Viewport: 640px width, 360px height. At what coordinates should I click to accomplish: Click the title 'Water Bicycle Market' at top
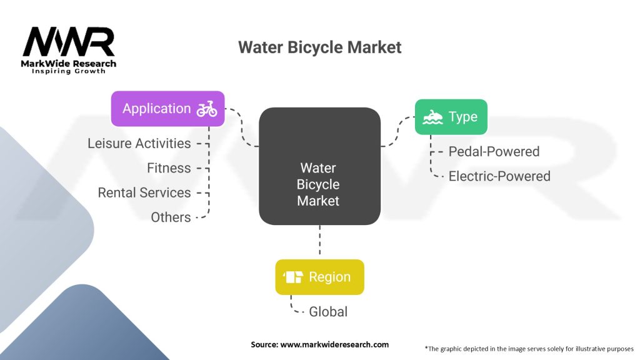coord(319,47)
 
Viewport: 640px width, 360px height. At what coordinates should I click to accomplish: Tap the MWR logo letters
coord(69,42)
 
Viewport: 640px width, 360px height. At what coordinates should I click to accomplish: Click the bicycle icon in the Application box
coord(207,109)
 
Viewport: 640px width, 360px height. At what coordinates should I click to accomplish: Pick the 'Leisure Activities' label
coord(139,143)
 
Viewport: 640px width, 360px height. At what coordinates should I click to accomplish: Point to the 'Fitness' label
coord(169,167)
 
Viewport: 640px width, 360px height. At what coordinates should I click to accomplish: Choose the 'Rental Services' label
coord(144,192)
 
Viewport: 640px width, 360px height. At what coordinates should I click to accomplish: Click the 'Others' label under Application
coord(171,217)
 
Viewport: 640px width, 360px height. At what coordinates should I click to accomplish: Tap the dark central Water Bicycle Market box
coord(319,166)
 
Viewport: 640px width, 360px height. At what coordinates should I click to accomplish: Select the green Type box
coord(451,117)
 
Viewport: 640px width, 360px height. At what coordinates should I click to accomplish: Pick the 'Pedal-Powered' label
coord(494,151)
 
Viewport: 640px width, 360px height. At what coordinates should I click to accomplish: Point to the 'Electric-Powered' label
coord(499,176)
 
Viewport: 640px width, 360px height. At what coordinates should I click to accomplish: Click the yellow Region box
coord(319,277)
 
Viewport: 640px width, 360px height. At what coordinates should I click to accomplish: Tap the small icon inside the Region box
coord(293,277)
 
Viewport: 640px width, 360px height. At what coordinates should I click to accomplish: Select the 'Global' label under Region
coord(328,311)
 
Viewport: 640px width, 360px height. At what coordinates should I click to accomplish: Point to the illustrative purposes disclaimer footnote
coord(529,348)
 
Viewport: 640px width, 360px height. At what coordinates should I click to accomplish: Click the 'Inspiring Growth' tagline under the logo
coord(69,71)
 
